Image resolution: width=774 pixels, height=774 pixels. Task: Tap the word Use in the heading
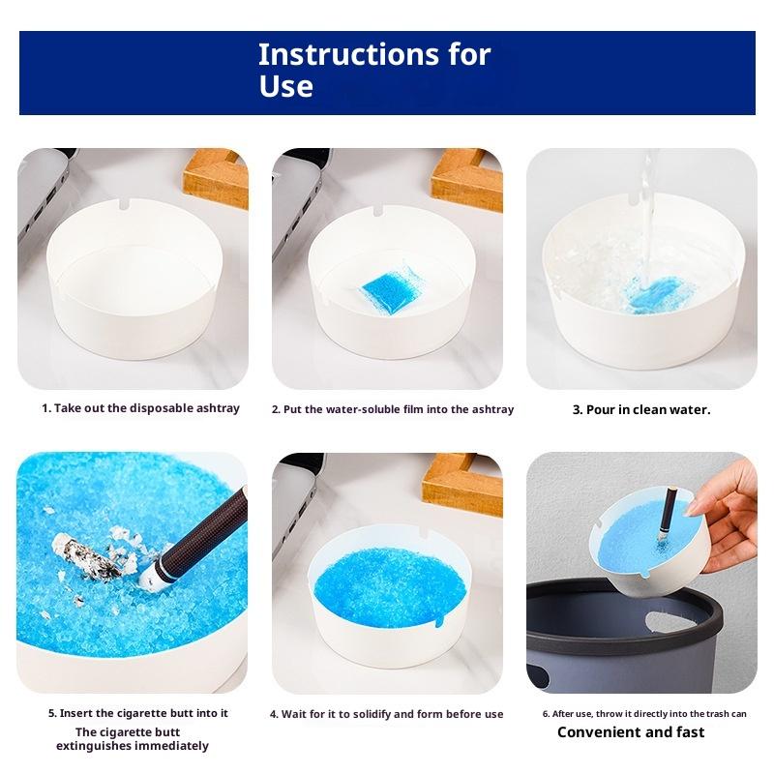285,86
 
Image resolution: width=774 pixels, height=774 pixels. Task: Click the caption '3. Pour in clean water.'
641,409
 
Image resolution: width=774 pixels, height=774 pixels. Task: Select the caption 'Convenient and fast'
631,731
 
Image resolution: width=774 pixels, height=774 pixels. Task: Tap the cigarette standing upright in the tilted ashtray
667,515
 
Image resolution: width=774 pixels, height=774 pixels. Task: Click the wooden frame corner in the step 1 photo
216,178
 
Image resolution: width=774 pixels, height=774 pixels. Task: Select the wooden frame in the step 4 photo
462,484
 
